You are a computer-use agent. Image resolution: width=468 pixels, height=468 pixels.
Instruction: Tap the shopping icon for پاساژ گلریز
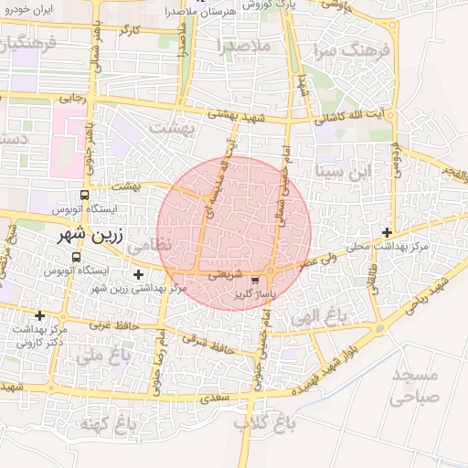click(254, 281)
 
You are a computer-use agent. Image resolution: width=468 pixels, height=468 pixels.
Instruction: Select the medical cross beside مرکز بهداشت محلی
click(388, 232)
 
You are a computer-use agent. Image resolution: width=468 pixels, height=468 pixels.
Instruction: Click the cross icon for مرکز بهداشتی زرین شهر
click(138, 274)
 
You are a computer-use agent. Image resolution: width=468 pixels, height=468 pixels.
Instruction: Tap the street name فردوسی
click(395, 163)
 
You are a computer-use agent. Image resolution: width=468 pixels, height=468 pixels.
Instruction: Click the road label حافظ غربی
click(113, 324)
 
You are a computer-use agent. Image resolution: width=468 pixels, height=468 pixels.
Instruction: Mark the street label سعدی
click(215, 399)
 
